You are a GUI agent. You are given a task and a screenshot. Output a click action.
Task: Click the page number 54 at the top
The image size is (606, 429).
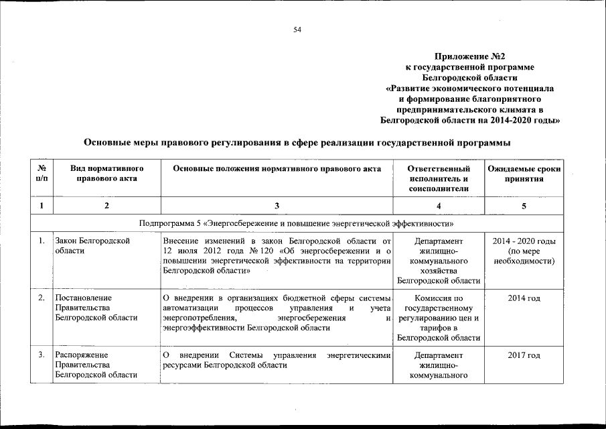tap(297, 29)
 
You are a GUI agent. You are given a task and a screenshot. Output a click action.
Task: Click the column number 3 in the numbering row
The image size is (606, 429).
tap(278, 205)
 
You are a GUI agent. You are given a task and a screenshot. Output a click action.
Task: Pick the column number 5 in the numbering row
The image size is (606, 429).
tap(524, 205)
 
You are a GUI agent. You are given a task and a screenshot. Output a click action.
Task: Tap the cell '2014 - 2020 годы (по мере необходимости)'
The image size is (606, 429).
tap(524, 251)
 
